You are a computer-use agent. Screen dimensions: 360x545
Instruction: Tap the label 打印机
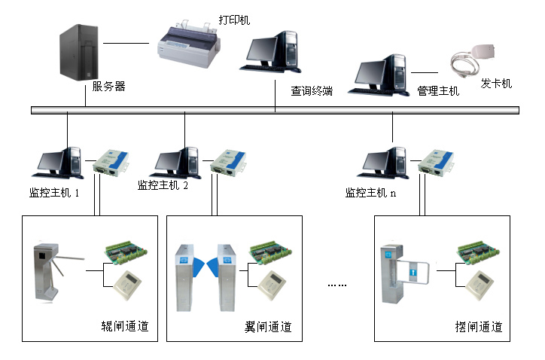click(x=234, y=20)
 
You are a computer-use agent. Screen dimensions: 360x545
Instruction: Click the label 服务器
click(x=108, y=87)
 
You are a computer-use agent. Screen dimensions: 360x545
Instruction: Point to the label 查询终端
click(x=312, y=91)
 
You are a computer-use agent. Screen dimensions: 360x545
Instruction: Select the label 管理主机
click(x=437, y=91)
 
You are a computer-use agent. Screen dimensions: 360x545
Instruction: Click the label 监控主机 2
click(x=163, y=185)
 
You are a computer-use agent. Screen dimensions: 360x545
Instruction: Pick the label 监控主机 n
click(x=370, y=193)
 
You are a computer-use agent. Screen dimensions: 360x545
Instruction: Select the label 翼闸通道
click(x=268, y=328)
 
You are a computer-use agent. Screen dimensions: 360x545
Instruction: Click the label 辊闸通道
click(x=125, y=328)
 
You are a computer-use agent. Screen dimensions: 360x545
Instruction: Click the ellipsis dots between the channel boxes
click(x=337, y=285)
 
